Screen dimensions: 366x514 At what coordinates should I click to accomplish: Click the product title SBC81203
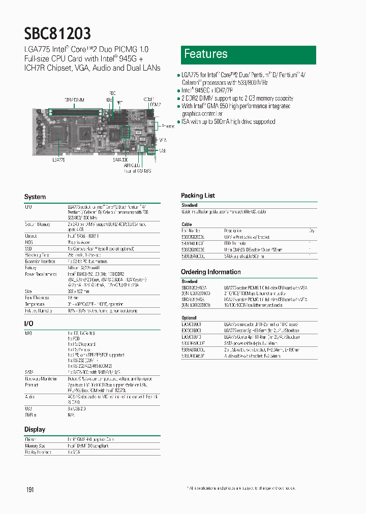click(x=57, y=34)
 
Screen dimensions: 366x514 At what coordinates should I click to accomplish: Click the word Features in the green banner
click(x=205, y=54)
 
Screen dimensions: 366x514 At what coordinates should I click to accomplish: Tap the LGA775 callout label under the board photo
click(x=59, y=159)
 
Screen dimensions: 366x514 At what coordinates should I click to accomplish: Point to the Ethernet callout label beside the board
click(x=168, y=126)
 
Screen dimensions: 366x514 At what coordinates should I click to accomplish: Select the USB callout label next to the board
click(x=163, y=150)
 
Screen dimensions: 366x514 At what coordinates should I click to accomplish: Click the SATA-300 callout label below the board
click(x=120, y=159)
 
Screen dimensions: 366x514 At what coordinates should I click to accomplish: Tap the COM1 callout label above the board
click(x=148, y=99)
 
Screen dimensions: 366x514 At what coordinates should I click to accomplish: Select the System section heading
click(x=35, y=197)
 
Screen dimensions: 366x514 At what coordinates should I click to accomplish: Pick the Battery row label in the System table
click(x=30, y=267)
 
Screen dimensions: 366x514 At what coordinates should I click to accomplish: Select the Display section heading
click(x=35, y=430)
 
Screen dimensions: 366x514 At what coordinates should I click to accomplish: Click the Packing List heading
click(x=198, y=196)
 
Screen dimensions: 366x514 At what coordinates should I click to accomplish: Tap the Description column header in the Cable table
click(x=232, y=231)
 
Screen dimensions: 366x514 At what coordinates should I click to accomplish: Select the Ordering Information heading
click(x=210, y=272)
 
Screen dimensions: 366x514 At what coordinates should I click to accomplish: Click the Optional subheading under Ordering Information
click(x=189, y=318)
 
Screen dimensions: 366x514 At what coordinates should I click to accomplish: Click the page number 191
click(x=30, y=490)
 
